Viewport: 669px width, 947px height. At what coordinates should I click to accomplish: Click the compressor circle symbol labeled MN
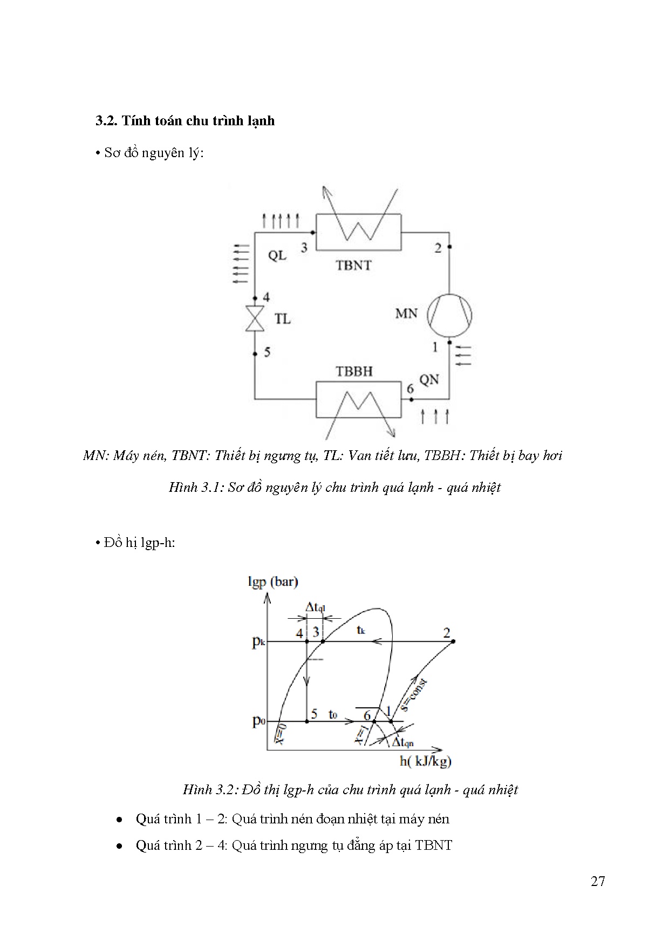[449, 315]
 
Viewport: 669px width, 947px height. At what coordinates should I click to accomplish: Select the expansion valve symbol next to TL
[255, 318]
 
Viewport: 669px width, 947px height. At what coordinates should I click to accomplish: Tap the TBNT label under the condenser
[353, 265]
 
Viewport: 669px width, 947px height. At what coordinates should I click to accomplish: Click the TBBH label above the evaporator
[354, 371]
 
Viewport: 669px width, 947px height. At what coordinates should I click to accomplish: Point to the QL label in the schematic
[277, 255]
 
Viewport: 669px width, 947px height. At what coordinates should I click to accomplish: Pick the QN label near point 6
[429, 380]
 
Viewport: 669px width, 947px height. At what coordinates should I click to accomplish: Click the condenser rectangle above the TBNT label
[358, 232]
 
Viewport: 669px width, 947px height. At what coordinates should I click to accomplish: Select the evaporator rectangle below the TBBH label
[358, 399]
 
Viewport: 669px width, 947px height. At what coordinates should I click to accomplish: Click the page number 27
[598, 881]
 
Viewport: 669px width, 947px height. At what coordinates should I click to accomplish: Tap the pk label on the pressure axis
[258, 642]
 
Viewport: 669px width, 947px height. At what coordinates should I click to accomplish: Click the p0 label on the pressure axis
[258, 721]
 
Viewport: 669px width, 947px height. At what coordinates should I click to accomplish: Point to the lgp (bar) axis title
[273, 581]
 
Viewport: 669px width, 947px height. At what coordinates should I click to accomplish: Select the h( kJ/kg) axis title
[425, 761]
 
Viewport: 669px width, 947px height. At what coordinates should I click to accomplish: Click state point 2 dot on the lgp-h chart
[453, 641]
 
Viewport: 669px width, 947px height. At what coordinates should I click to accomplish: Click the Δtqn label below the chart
[402, 743]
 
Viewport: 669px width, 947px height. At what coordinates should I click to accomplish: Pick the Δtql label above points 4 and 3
[316, 607]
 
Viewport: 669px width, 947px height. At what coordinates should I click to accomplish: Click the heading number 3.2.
[106, 120]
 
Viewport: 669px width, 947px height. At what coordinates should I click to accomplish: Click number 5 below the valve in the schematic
[267, 353]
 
